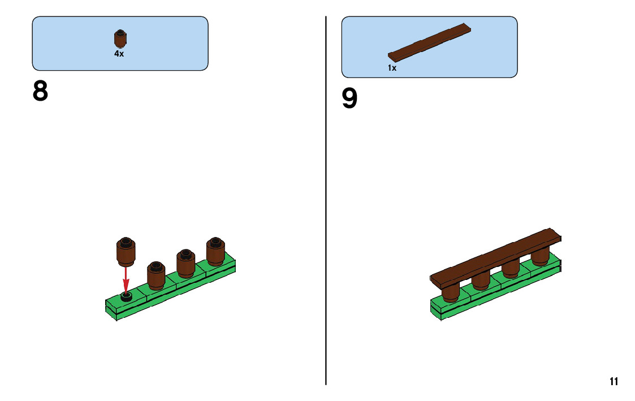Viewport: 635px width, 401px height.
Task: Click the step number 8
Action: coord(40,92)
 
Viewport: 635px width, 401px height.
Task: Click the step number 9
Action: coord(349,99)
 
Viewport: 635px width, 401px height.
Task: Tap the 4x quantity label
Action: coord(119,54)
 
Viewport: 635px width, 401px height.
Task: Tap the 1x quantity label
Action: coord(392,68)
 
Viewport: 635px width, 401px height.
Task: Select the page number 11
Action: coord(614,381)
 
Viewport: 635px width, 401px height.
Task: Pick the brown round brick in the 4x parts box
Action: coord(120,40)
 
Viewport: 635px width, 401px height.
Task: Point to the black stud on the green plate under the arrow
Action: coord(127,296)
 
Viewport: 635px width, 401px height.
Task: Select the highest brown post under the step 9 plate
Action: coord(540,258)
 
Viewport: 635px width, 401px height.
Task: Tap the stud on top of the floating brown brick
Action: coord(126,242)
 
